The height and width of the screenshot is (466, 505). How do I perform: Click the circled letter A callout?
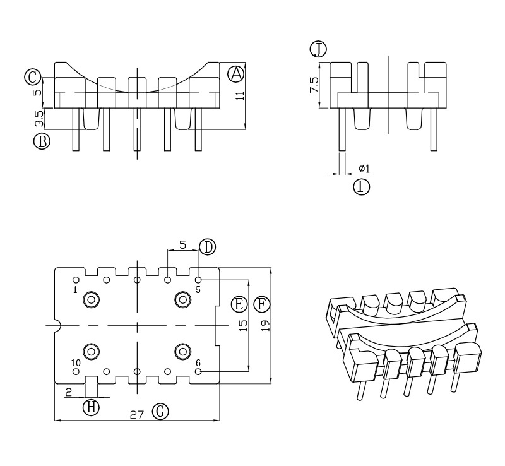pyautogui.click(x=236, y=74)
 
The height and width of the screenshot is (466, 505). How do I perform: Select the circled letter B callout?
pyautogui.click(x=42, y=141)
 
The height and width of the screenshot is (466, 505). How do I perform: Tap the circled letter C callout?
pyautogui.click(x=32, y=77)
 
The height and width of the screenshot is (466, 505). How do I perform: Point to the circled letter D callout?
pyautogui.click(x=207, y=247)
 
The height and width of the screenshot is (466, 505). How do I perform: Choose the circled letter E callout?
pyautogui.click(x=239, y=304)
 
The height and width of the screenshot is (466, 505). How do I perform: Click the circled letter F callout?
pyautogui.click(x=261, y=304)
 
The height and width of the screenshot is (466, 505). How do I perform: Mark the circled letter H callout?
pyautogui.click(x=92, y=407)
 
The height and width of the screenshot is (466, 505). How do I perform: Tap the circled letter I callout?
pyautogui.click(x=361, y=187)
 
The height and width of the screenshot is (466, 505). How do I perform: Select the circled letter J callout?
pyautogui.click(x=318, y=49)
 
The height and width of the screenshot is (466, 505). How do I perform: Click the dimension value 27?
pyautogui.click(x=137, y=414)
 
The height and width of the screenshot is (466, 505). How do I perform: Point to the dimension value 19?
pyautogui.click(x=265, y=326)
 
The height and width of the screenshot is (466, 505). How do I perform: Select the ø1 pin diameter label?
pyautogui.click(x=364, y=169)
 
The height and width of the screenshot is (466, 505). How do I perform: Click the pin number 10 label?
pyautogui.click(x=75, y=362)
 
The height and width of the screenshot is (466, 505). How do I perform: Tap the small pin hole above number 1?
pyautogui.click(x=76, y=279)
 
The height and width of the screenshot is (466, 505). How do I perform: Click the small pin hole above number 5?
pyautogui.click(x=198, y=279)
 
